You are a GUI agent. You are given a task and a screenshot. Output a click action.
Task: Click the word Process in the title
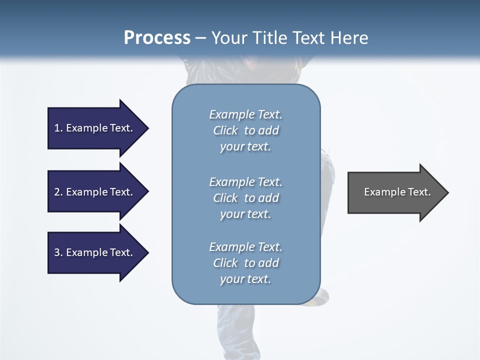(157, 38)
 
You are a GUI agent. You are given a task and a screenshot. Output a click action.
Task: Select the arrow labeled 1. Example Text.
(95, 128)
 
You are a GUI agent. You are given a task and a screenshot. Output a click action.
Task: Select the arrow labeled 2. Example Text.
(95, 192)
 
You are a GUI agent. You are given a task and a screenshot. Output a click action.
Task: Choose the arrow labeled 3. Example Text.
(95, 252)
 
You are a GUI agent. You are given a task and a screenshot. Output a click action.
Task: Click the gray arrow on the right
(395, 192)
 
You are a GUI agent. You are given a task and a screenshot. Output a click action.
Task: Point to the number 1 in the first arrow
(57, 128)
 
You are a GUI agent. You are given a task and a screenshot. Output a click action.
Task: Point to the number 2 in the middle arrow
(57, 192)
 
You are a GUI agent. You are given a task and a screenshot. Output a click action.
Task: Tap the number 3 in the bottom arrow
(57, 252)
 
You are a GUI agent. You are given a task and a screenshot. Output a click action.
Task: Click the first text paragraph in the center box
(245, 130)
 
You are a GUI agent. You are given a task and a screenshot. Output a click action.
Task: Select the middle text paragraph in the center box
(245, 198)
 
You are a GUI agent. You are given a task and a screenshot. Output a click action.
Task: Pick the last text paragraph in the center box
(245, 263)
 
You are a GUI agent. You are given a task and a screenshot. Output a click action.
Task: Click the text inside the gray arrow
(397, 192)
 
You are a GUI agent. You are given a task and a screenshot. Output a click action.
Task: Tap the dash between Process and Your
(201, 38)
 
